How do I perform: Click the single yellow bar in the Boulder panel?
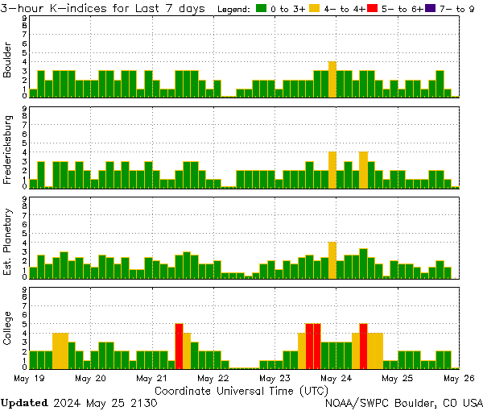click(x=332, y=79)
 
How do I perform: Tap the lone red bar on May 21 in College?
click(x=179, y=346)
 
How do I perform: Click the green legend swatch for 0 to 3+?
click(x=262, y=9)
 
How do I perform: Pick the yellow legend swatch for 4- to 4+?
click(x=315, y=9)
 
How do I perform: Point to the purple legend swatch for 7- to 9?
click(x=430, y=9)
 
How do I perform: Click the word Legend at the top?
click(x=234, y=9)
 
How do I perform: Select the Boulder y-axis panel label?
click(x=8, y=60)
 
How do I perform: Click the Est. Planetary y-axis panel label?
click(x=8, y=240)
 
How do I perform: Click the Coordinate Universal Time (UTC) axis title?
click(x=242, y=389)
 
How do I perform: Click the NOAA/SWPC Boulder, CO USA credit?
click(x=404, y=402)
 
